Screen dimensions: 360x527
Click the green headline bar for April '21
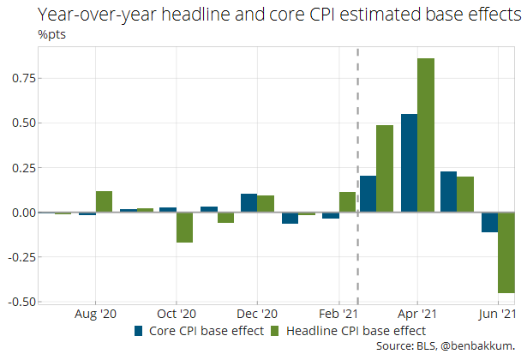426,135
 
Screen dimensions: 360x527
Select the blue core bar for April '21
409,163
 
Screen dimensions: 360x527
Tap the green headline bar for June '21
506,253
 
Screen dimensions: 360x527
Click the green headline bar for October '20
184,227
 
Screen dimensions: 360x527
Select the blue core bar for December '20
249,203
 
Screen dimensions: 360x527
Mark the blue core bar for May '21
448,192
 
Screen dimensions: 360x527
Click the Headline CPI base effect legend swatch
276,330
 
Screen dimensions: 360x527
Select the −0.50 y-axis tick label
21,302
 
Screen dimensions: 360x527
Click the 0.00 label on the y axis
23,213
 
